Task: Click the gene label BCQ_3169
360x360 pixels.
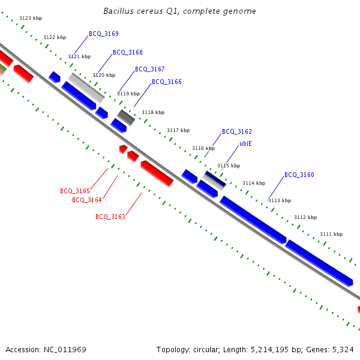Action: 104,34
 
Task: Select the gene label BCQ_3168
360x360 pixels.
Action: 128,52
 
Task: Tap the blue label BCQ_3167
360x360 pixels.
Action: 149,69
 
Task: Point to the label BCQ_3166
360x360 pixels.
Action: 166,82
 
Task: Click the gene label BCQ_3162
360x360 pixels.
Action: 236,131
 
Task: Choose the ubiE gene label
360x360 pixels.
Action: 245,144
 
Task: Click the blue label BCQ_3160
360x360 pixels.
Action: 299,175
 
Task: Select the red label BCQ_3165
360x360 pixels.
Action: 75,191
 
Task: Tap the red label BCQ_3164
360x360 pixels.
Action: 87,200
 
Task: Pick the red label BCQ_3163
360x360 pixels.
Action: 110,217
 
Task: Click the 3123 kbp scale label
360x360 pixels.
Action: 31,19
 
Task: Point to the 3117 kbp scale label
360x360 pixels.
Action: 178,130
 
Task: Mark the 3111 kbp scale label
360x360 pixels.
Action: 331,234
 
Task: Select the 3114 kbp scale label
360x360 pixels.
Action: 254,183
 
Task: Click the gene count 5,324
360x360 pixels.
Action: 342,349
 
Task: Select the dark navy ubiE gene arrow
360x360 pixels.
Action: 214,178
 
